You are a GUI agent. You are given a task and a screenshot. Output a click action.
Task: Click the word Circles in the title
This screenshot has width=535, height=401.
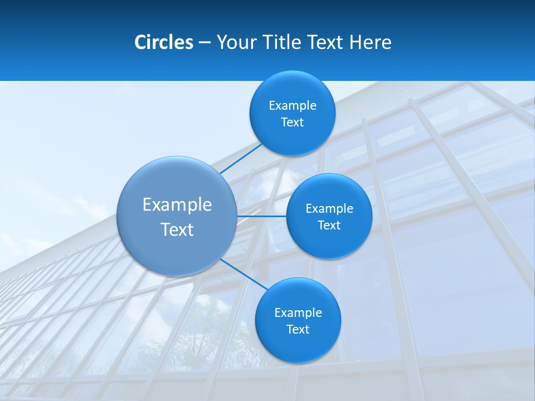tap(164, 42)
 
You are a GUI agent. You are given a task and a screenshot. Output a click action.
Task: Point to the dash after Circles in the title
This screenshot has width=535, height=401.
tap(205, 43)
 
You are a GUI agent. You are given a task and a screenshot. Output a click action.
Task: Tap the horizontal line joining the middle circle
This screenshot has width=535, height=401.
tap(262, 216)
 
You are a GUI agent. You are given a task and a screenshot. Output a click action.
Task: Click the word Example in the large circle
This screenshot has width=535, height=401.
tap(177, 205)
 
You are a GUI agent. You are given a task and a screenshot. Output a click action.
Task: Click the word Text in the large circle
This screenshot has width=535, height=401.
tap(177, 229)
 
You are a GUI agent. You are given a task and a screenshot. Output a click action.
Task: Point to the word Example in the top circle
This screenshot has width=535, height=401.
tap(293, 106)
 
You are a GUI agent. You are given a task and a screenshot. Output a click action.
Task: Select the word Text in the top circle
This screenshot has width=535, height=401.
tap(293, 123)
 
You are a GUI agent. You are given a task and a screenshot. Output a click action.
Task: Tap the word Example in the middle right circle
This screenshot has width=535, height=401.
tap(329, 209)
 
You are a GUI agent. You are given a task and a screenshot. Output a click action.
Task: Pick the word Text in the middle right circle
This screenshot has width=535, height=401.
tap(329, 226)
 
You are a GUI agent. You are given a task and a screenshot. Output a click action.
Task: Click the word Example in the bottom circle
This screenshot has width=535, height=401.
tap(298, 313)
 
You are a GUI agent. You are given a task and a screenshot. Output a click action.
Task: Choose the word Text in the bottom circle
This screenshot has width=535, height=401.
tap(298, 330)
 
